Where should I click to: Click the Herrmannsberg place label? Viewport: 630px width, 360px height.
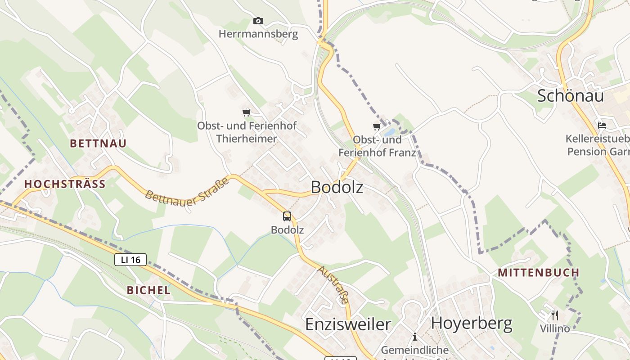click(x=258, y=34)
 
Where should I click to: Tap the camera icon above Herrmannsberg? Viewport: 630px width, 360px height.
click(x=258, y=21)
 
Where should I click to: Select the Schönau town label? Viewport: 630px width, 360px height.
click(x=570, y=95)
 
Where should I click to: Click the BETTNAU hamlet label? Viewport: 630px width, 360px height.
click(x=98, y=144)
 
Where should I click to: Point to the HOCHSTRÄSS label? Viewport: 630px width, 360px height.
click(x=65, y=184)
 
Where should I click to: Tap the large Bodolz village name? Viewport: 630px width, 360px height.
click(x=337, y=187)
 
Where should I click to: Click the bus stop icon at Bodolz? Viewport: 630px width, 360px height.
click(x=287, y=216)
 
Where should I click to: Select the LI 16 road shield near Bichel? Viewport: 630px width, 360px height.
click(x=130, y=260)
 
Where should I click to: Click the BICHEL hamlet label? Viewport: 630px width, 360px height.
click(x=148, y=290)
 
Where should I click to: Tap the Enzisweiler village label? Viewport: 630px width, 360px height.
click(x=348, y=324)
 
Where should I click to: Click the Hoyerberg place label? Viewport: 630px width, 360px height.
click(x=472, y=323)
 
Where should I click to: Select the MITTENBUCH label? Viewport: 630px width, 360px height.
click(x=538, y=273)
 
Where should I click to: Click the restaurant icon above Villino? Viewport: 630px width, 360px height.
click(x=555, y=315)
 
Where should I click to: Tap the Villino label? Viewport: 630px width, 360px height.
click(x=555, y=328)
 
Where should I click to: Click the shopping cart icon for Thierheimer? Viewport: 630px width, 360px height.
click(x=246, y=112)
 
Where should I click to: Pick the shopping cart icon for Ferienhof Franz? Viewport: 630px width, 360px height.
click(x=377, y=126)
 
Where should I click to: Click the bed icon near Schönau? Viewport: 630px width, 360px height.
click(x=602, y=125)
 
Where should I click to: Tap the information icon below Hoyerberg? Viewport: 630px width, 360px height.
click(x=415, y=337)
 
